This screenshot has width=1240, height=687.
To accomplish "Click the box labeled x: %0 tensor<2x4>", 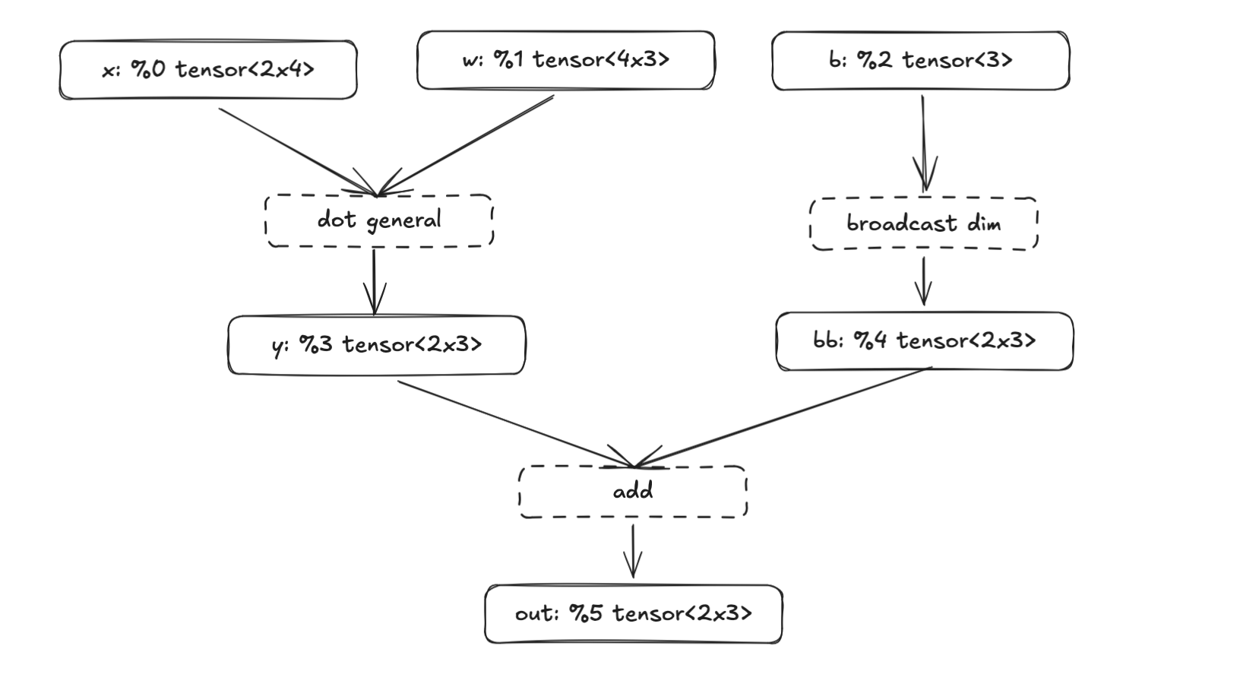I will pyautogui.click(x=207, y=70).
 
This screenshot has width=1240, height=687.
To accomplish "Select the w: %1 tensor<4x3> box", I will pyautogui.click(x=565, y=60).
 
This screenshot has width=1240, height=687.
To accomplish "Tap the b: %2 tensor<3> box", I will pyautogui.click(x=920, y=61).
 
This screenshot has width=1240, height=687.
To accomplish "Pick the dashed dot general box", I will pyautogui.click(x=378, y=220).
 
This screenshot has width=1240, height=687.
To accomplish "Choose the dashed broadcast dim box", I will pyautogui.click(x=923, y=223).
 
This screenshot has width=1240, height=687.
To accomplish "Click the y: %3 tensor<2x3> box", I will pyautogui.click(x=376, y=345).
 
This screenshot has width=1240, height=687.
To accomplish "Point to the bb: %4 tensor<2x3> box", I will pyautogui.click(x=924, y=340).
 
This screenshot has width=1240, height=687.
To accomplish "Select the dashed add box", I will pyautogui.click(x=632, y=492).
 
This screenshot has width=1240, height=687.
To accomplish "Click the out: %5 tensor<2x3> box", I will pyautogui.click(x=633, y=613).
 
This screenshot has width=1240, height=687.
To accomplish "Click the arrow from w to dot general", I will pyautogui.click(x=467, y=144).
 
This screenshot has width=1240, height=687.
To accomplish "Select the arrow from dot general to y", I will pyautogui.click(x=374, y=281).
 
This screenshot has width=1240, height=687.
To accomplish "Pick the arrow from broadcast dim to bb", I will pyautogui.click(x=923, y=280).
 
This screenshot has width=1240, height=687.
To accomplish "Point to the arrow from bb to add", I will pyautogui.click(x=783, y=417).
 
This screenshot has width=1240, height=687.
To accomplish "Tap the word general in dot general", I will pyautogui.click(x=403, y=221).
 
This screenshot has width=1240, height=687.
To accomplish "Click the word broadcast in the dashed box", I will pyautogui.click(x=901, y=223).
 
